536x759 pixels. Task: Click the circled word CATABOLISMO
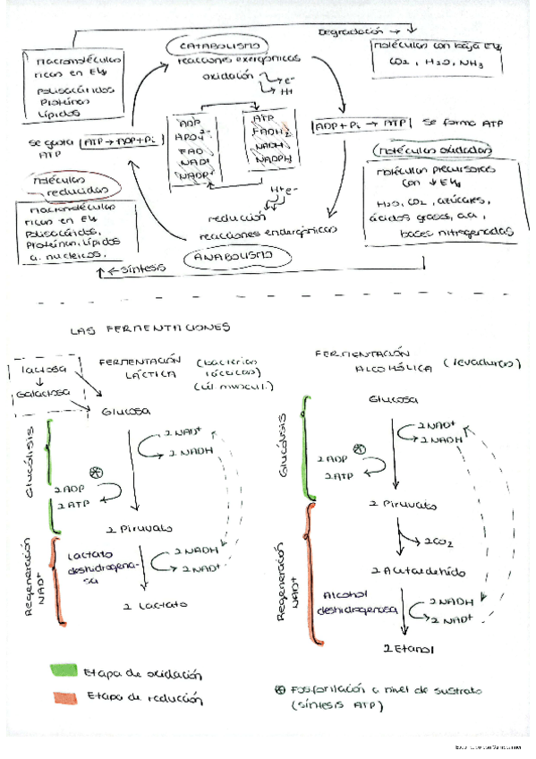coord(220,45)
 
